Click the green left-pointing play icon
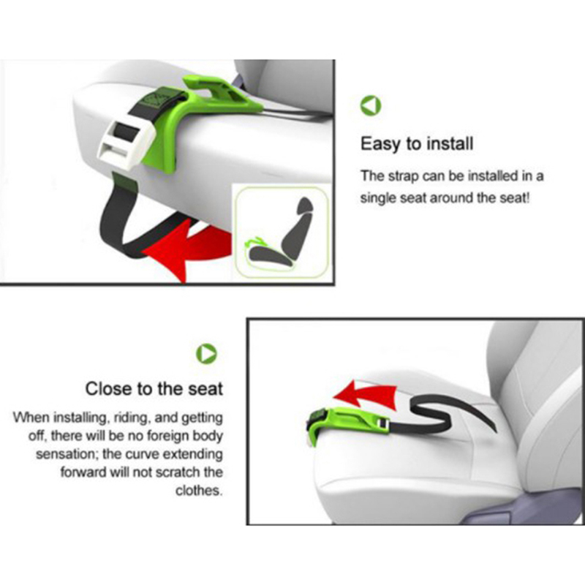pyautogui.click(x=371, y=105)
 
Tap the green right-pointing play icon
pyautogui.click(x=206, y=353)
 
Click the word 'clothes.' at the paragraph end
pyautogui.click(x=199, y=490)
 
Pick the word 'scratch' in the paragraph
pyautogui.click(x=178, y=472)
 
